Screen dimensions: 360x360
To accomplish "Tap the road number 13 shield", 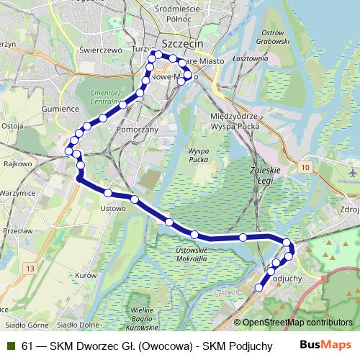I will [30, 248].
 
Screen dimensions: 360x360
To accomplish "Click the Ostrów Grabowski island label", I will [274, 37].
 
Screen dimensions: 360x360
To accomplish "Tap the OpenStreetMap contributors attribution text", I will [297, 322].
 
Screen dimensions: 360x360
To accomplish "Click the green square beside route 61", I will [12, 346].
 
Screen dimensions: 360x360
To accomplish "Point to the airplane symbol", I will [352, 173].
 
